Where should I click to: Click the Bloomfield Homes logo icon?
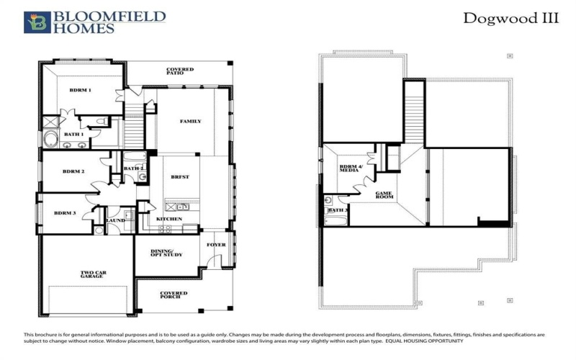click(x=37, y=22)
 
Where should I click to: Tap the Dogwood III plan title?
click(x=510, y=19)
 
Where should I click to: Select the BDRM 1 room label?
click(x=80, y=90)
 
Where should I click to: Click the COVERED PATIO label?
click(x=180, y=71)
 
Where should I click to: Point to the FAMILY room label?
click(x=190, y=121)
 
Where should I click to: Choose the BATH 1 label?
click(x=73, y=134)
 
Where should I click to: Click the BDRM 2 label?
click(x=73, y=171)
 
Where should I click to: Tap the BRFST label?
click(x=180, y=176)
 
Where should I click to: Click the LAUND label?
click(x=115, y=220)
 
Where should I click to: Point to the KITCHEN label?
click(x=169, y=218)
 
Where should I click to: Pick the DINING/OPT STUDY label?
click(x=166, y=253)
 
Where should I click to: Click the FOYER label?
click(x=216, y=245)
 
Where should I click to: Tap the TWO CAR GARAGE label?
click(x=94, y=274)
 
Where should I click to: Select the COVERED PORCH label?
click(x=174, y=295)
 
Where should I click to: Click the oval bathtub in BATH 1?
click(x=52, y=138)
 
